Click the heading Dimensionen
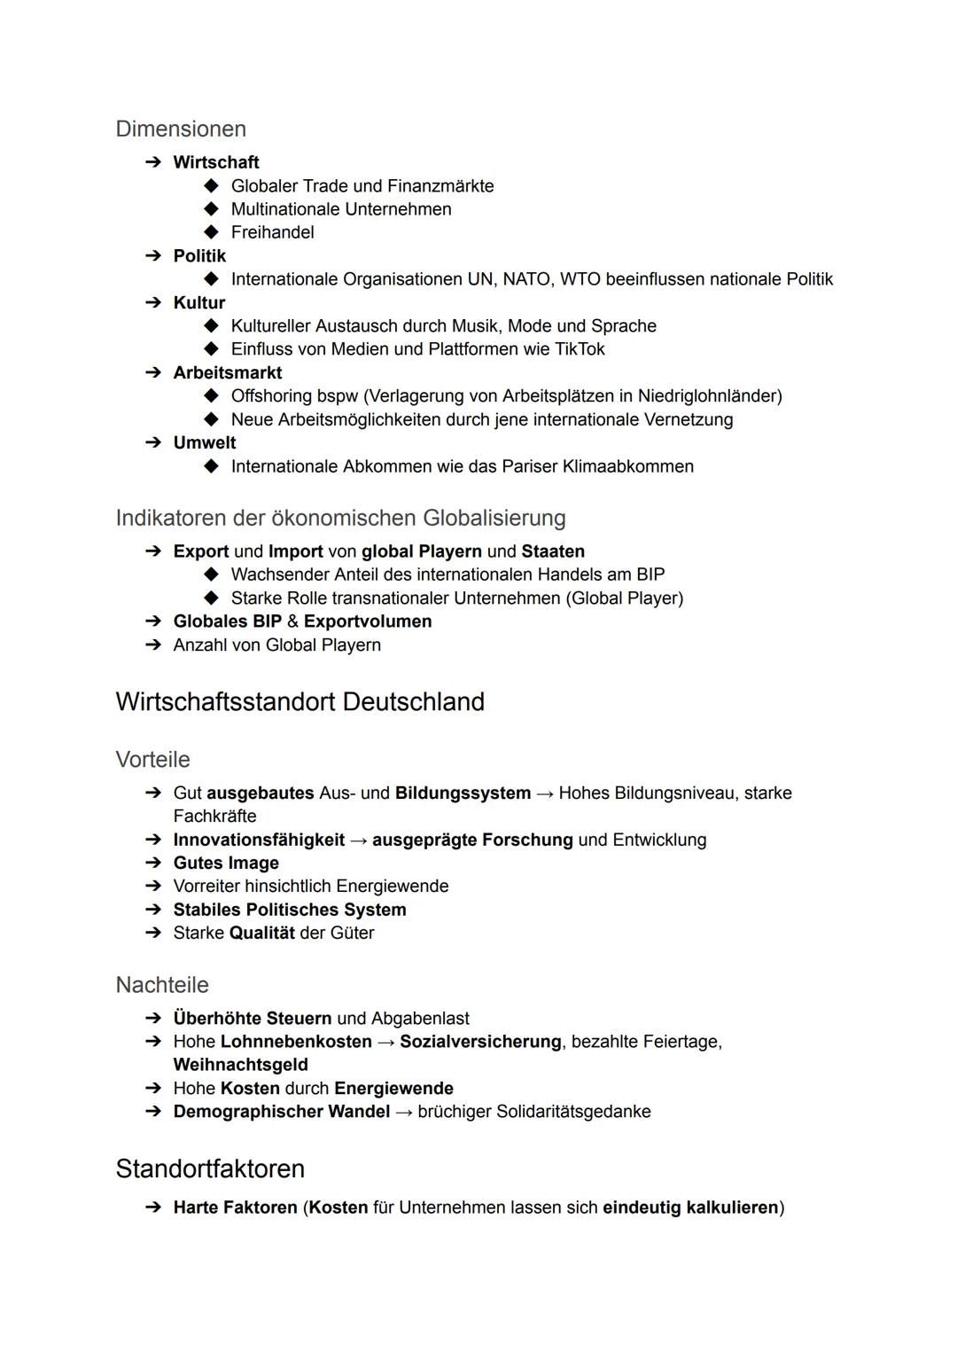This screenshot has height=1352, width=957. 181,129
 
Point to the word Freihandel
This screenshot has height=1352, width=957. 272,232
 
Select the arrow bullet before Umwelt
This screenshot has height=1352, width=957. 153,443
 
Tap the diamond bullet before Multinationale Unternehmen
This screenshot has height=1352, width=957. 211,209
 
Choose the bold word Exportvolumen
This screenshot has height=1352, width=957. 368,621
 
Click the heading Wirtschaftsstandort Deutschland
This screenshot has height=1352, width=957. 300,702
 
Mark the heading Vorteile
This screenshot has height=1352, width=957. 152,760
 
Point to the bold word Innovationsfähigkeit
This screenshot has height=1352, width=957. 259,840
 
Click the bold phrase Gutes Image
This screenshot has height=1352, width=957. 226,864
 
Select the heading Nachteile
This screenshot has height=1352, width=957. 162,985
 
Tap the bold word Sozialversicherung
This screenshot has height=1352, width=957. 480,1042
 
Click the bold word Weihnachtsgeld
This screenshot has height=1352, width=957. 240,1065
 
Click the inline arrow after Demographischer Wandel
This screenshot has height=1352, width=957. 403,1112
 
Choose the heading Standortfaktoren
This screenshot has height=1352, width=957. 210,1168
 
